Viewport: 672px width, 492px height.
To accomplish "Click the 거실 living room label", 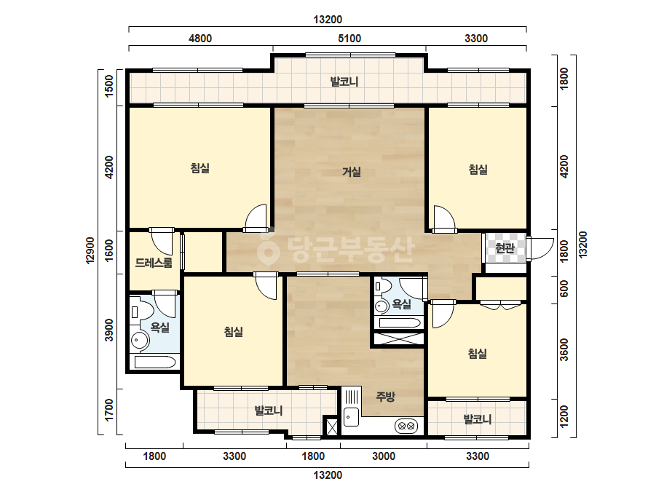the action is (x=351, y=172).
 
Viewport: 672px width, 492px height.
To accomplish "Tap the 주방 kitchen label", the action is (x=385, y=397).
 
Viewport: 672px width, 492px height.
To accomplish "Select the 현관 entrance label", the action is (x=505, y=247).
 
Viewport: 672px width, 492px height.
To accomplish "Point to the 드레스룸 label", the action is (x=154, y=263).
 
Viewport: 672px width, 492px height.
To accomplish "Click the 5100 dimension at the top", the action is (x=349, y=39).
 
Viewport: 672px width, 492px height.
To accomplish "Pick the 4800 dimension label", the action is (x=200, y=39).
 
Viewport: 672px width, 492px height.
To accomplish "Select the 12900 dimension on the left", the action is (x=90, y=250).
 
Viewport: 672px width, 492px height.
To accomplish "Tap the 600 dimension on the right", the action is (x=564, y=288).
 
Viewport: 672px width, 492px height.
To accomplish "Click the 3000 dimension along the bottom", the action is (x=384, y=456).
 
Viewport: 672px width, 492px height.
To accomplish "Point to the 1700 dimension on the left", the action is (x=109, y=410).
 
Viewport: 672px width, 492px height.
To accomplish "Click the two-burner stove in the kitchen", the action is (x=406, y=426).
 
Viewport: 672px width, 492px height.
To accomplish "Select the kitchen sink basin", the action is (x=352, y=417).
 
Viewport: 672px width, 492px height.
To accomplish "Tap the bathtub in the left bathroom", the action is (x=155, y=362).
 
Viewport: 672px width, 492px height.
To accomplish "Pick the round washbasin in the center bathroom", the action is (x=382, y=306).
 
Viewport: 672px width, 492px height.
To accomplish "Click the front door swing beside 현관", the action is (x=541, y=248).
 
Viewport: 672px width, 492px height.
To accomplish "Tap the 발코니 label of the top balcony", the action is (x=344, y=82).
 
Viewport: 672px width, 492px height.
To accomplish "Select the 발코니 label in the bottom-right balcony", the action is (x=478, y=419).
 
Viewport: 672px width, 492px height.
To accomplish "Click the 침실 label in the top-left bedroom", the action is (x=200, y=167).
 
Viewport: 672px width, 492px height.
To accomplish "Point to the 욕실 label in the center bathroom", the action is (x=402, y=304).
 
